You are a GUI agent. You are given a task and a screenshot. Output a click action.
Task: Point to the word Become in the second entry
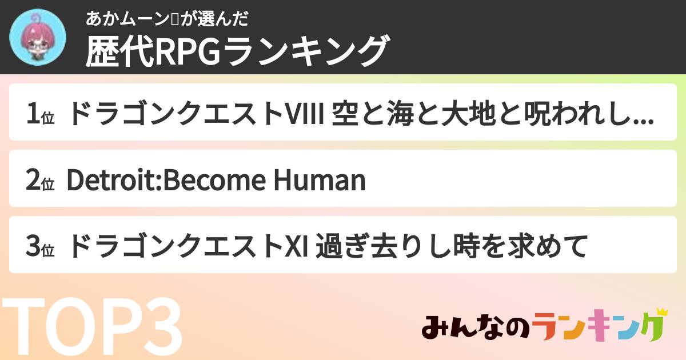pos(215,181)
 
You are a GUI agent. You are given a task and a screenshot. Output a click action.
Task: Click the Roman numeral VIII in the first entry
pos(305,114)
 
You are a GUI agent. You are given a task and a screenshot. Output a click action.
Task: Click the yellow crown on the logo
pos(661,312)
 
